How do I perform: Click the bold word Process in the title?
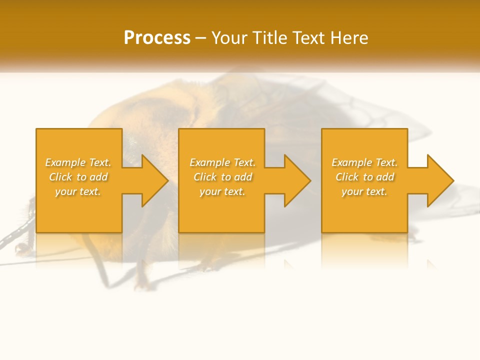157,37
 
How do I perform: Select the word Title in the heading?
268,37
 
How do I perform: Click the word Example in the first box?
65,162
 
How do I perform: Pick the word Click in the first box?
60,177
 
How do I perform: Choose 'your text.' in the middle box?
222,191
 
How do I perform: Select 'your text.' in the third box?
364,191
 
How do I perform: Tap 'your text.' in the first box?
77,191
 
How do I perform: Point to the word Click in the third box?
347,177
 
